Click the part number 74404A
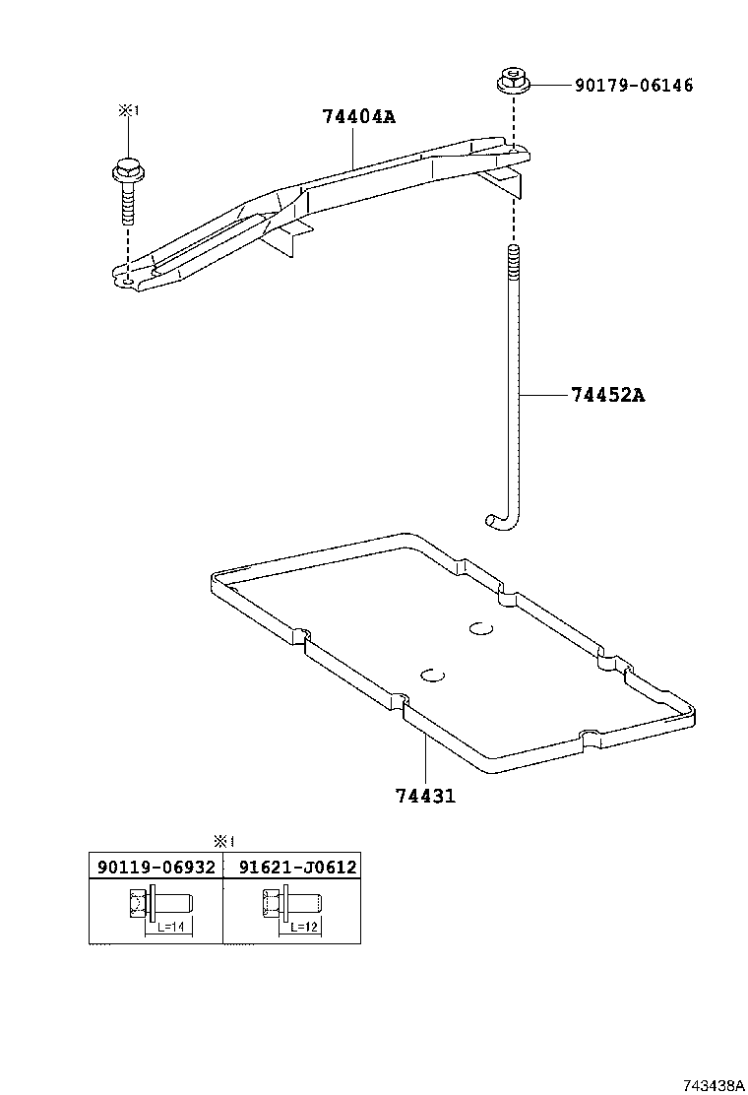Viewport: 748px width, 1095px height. (x=358, y=116)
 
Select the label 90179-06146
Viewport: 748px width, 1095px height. (x=634, y=86)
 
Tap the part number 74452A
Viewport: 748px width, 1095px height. (x=608, y=395)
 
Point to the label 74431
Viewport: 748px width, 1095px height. (x=425, y=796)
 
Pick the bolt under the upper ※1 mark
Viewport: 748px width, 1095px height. (x=126, y=191)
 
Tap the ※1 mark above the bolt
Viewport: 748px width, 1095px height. (x=128, y=110)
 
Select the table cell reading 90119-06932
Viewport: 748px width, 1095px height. (x=156, y=867)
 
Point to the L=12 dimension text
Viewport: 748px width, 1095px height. (x=304, y=927)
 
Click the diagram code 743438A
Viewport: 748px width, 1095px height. (x=714, y=1085)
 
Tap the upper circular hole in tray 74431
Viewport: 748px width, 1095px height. (x=480, y=628)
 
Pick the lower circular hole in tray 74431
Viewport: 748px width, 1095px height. (x=432, y=674)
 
